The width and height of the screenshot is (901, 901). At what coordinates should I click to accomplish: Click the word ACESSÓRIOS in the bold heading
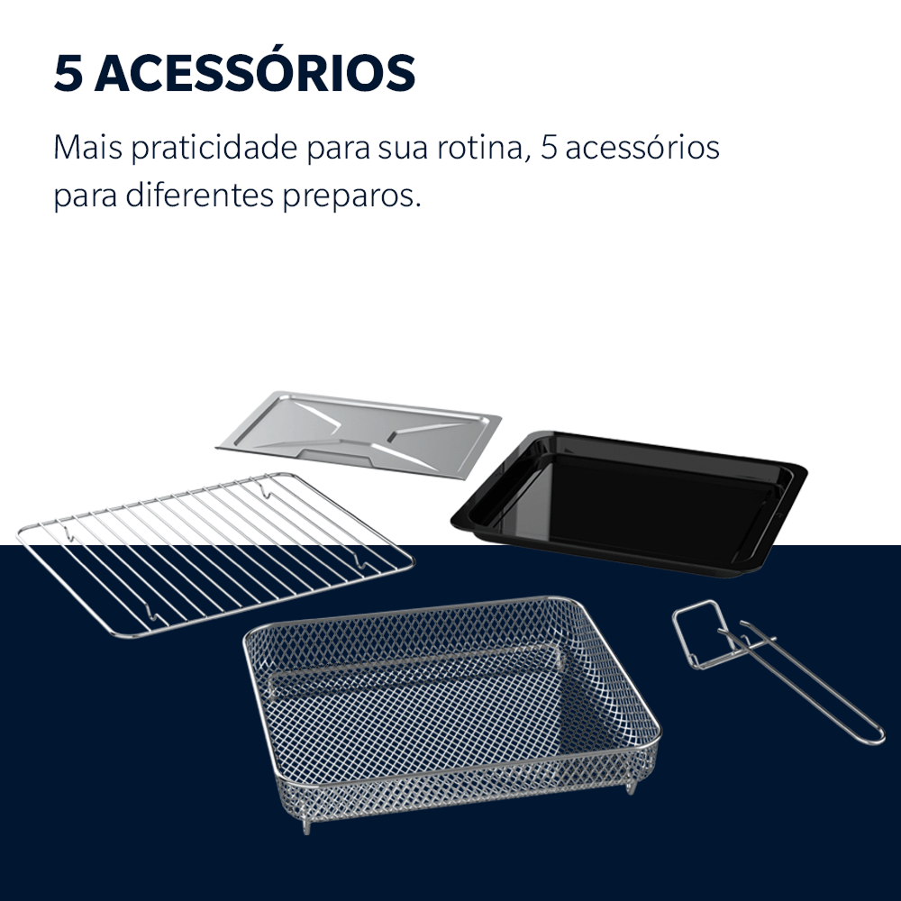[x=255, y=73]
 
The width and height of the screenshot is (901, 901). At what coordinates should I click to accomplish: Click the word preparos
[x=352, y=196]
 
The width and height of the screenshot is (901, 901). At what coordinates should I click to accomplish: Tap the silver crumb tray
[x=359, y=431]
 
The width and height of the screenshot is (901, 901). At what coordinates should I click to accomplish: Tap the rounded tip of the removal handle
[x=877, y=738]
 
